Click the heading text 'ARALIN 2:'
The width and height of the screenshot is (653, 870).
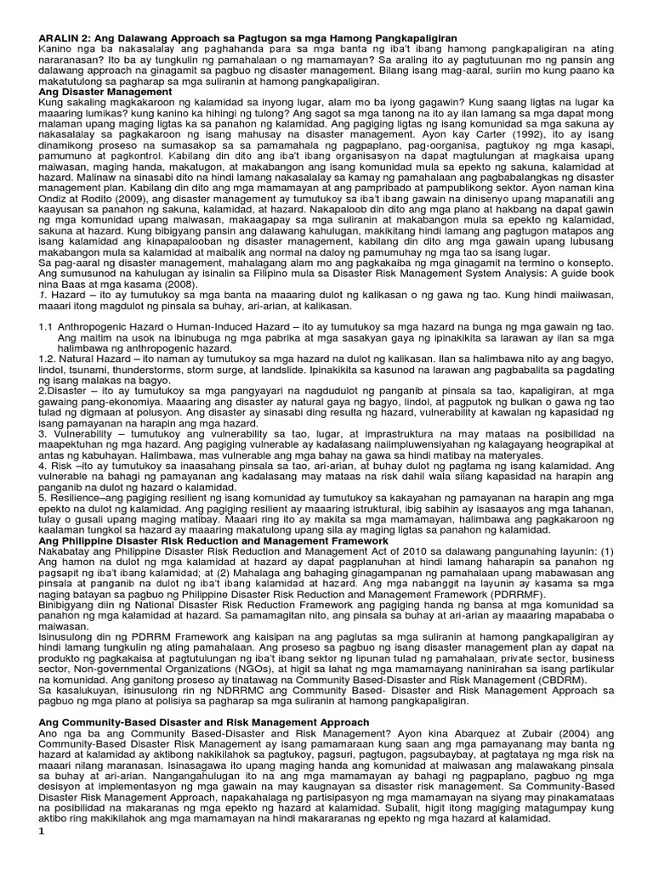coord(61,39)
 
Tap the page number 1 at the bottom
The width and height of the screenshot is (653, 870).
coord(39,856)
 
